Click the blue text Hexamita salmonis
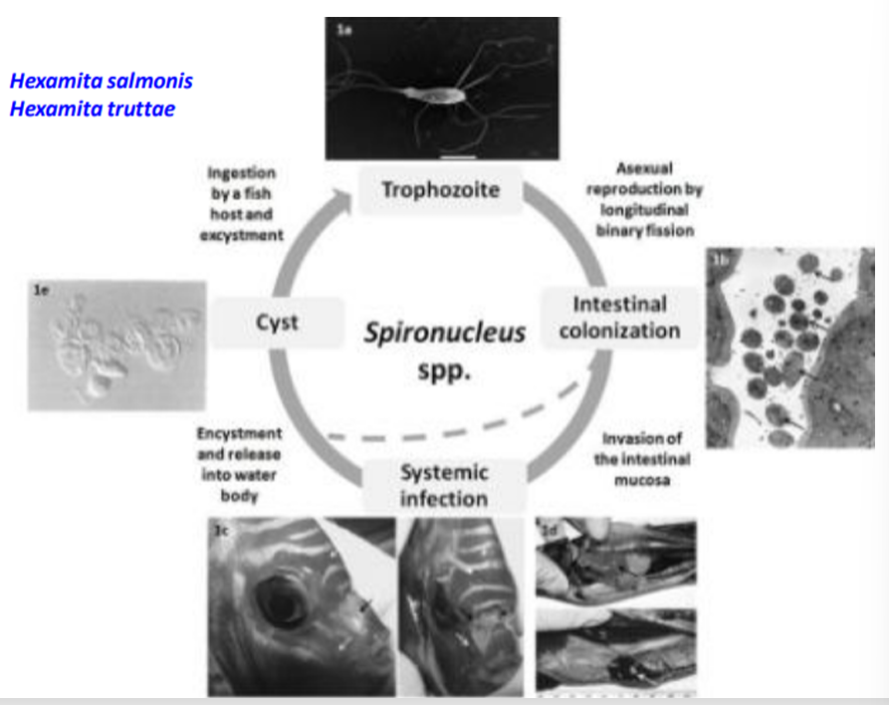click(x=101, y=81)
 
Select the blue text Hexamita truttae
click(x=92, y=109)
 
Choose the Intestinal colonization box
click(x=618, y=317)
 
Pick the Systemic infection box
click(x=443, y=484)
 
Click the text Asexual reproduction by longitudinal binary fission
click(x=639, y=199)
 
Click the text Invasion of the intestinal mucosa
click(x=643, y=459)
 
